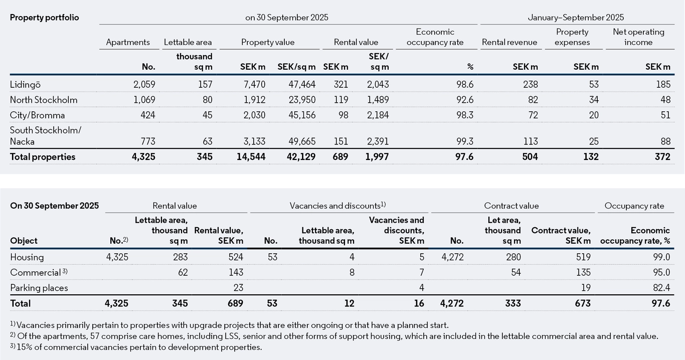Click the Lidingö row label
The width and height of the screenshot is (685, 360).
click(25, 85)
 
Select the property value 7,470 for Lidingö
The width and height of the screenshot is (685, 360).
click(254, 85)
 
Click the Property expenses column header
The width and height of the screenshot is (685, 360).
click(572, 37)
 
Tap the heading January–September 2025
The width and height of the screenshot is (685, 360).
click(576, 18)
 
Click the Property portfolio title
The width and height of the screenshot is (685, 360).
click(45, 18)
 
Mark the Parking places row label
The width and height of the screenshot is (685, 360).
click(39, 288)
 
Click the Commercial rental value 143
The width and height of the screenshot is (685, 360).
click(235, 272)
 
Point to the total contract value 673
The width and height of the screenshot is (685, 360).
click(582, 303)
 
